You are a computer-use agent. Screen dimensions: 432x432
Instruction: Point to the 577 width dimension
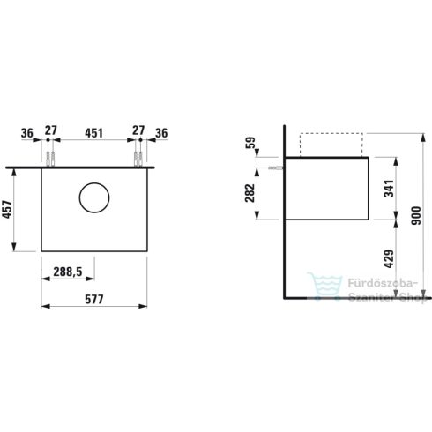(x=93, y=300)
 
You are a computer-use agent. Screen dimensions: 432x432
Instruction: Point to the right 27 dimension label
(x=138, y=132)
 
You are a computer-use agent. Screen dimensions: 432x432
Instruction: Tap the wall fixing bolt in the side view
(x=274, y=167)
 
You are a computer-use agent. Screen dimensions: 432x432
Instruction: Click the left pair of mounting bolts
(x=50, y=159)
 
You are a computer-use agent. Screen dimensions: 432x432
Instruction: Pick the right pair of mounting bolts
(x=138, y=159)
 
